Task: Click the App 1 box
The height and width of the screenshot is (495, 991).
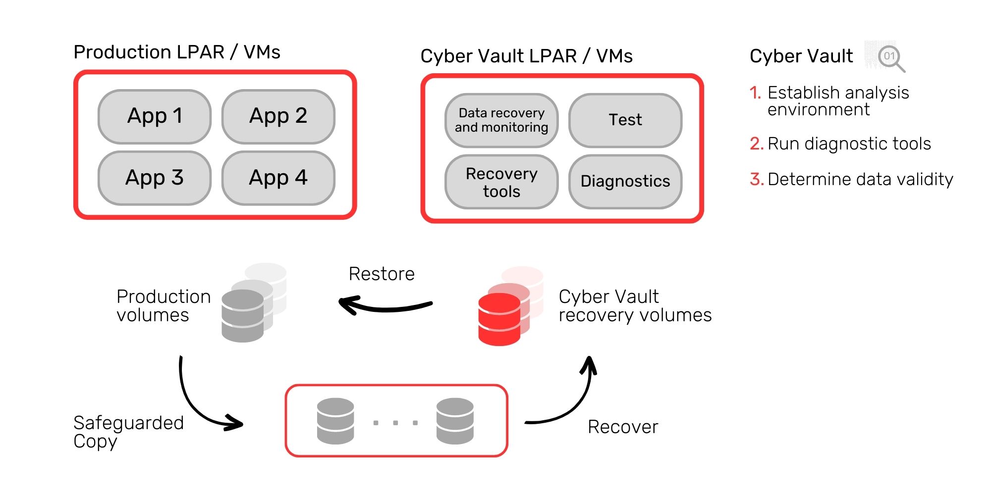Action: (x=155, y=116)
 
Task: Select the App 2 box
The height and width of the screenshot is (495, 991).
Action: (x=278, y=116)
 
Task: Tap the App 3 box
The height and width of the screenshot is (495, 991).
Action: (x=155, y=178)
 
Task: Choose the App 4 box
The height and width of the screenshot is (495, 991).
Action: (x=278, y=178)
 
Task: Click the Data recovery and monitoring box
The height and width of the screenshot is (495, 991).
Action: (x=501, y=120)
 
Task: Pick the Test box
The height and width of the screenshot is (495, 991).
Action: (x=625, y=120)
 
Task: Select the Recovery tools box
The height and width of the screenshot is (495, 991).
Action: (x=501, y=182)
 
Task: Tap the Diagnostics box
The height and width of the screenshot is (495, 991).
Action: (x=625, y=182)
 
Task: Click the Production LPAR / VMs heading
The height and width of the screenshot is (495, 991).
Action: (x=177, y=52)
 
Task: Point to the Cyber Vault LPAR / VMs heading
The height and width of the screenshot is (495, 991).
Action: (x=526, y=56)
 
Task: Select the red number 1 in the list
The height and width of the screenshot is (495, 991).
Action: (x=755, y=93)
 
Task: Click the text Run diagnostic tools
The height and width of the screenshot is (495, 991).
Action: (x=849, y=144)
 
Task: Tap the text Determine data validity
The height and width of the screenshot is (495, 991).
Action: (x=860, y=179)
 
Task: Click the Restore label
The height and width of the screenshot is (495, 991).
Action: (x=382, y=274)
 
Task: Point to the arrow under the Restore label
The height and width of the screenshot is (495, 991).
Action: (x=385, y=306)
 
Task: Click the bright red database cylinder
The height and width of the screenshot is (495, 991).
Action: (x=499, y=319)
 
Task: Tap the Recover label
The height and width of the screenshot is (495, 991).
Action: (x=623, y=427)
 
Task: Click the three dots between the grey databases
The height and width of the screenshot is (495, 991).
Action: (x=395, y=423)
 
